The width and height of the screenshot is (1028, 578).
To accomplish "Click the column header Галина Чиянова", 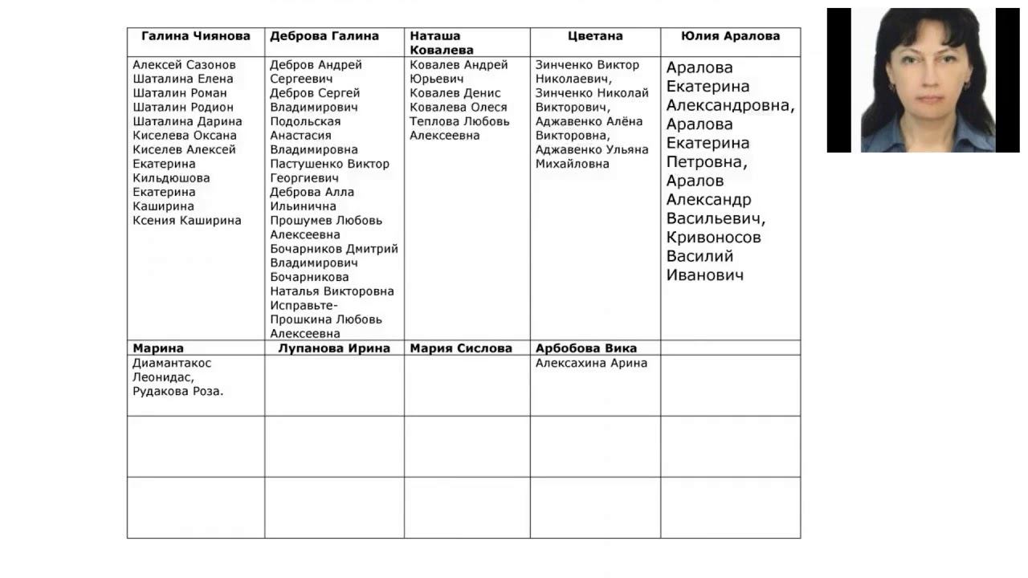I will (196, 36).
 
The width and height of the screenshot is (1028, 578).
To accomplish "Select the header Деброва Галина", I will (324, 36).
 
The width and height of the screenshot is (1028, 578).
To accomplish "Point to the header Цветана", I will (595, 36).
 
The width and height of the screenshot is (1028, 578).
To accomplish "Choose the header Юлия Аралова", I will (730, 36).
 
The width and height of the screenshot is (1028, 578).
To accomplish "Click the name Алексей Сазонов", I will (185, 65).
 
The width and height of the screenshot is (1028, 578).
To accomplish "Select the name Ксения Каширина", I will (187, 221).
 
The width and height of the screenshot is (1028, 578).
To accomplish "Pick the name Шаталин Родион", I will (183, 108).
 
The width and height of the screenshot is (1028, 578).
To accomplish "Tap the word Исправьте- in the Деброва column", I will (304, 306).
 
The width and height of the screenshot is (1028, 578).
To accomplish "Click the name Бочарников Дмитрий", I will (334, 249).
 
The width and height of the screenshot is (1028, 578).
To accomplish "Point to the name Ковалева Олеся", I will (459, 108).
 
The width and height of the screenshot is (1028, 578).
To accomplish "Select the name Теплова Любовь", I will (459, 122).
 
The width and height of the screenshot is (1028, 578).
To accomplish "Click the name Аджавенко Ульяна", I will (592, 150).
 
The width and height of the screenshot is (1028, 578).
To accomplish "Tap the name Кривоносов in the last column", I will (713, 238).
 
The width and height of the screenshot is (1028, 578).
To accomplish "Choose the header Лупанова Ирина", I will (334, 348).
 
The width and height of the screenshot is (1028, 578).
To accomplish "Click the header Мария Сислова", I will (461, 348).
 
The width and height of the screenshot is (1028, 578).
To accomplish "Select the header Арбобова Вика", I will (586, 348).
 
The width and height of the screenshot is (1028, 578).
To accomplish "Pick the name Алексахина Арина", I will (591, 363).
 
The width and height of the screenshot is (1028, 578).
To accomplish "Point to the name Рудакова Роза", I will (178, 392).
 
